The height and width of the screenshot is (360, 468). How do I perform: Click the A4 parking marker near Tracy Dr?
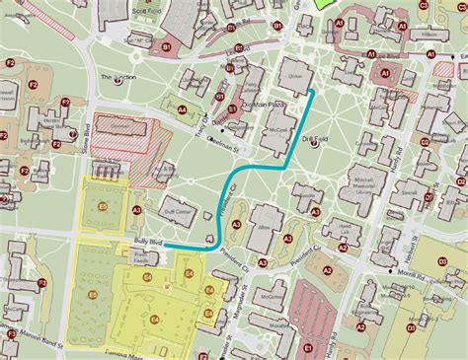[183, 110]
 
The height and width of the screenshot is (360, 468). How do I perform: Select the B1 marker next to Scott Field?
[167, 45]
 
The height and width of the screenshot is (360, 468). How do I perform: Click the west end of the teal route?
[164, 246]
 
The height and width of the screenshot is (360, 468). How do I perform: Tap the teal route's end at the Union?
[314, 91]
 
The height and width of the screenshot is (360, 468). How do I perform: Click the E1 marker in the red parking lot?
[308, 347]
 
